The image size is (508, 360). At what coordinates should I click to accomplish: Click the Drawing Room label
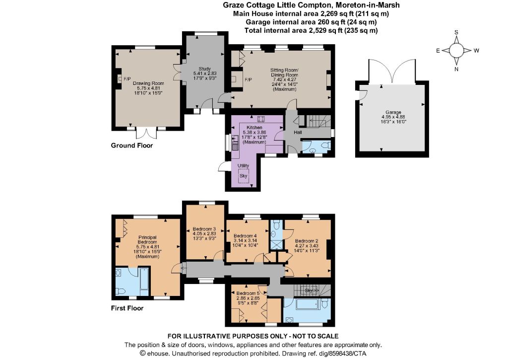[x=148, y=83]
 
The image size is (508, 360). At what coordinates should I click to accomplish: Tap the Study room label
[x=204, y=69]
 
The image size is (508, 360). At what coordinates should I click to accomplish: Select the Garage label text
[x=393, y=112]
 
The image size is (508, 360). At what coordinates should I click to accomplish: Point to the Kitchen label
[x=254, y=128]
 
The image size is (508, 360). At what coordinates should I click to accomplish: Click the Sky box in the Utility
[x=243, y=176]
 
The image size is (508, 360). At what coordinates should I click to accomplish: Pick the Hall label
[x=298, y=132]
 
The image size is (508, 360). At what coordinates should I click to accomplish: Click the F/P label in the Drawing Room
[x=127, y=79]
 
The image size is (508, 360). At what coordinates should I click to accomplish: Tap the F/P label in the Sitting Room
[x=248, y=80]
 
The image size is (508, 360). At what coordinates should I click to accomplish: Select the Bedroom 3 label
[x=204, y=229]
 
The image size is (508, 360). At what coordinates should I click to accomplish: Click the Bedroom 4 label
[x=245, y=236]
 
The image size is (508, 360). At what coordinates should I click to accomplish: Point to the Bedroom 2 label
[x=307, y=241]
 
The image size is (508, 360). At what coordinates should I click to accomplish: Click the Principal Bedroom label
[x=147, y=240]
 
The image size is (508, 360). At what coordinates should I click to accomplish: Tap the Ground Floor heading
[x=131, y=145]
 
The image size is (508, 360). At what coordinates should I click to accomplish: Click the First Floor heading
[x=127, y=308]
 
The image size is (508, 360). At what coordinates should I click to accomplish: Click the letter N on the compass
[x=456, y=69]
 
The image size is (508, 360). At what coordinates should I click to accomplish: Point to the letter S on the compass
[x=456, y=32]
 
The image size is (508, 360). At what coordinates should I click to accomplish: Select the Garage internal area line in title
[x=311, y=22]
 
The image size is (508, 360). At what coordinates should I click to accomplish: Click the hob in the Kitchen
[x=261, y=118]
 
